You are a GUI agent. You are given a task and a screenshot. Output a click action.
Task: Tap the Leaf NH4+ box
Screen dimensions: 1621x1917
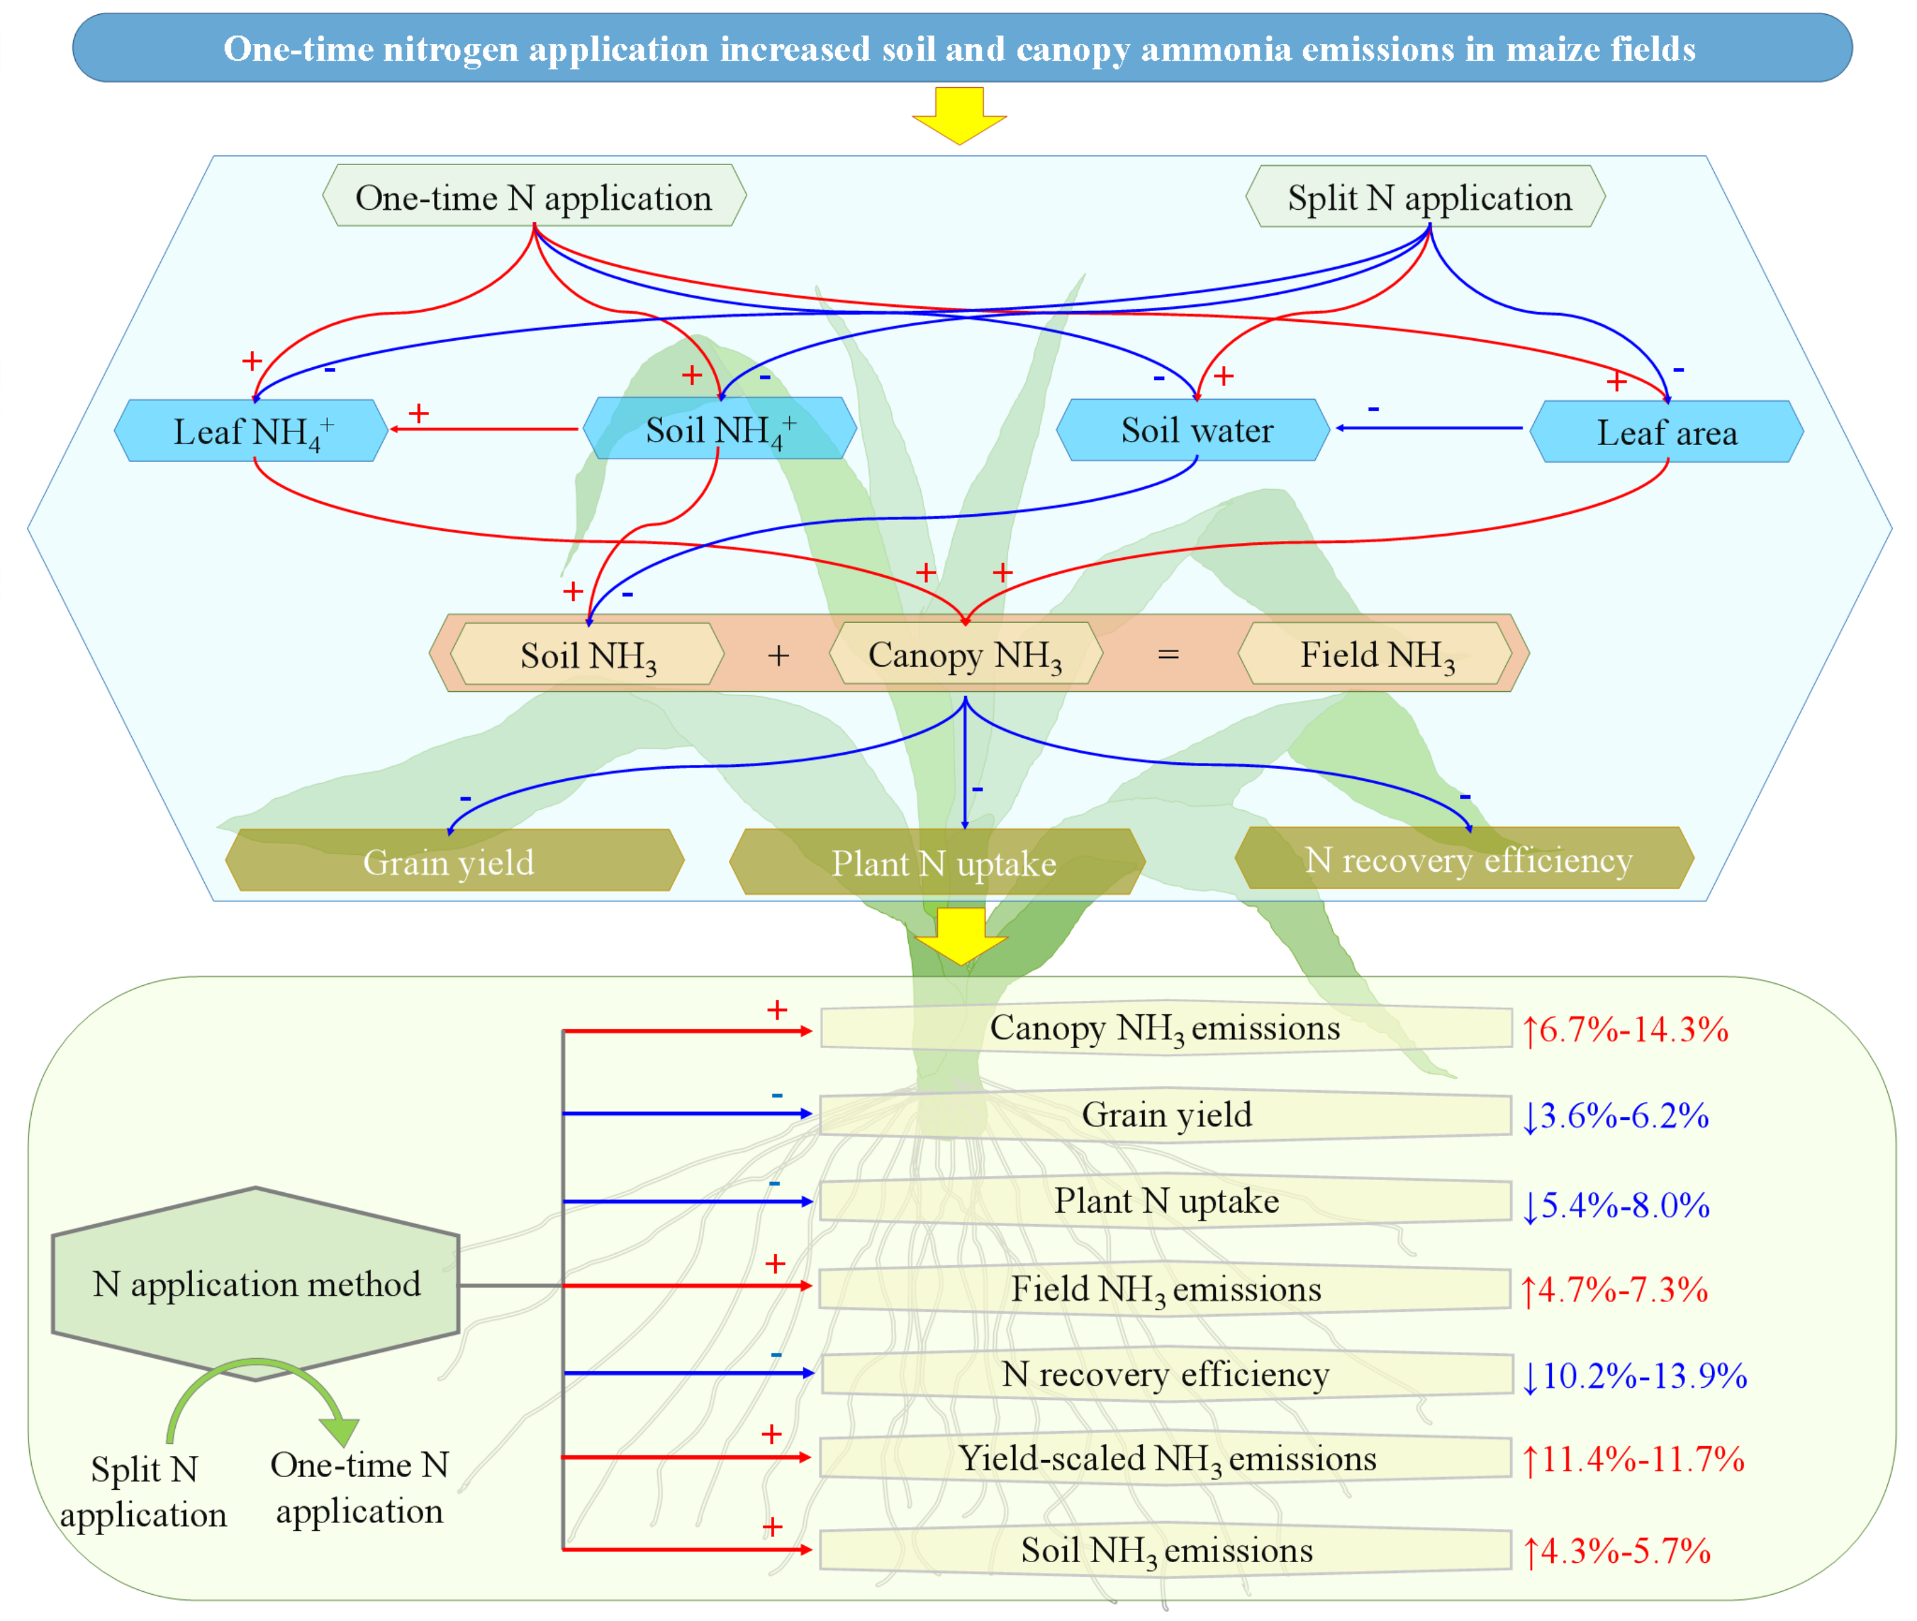251,431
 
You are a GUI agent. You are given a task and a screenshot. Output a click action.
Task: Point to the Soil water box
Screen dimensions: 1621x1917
1195,430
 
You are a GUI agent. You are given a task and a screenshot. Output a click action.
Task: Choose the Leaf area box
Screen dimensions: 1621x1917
1666,432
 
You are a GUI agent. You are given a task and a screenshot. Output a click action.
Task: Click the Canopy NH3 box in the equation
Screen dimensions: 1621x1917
965,654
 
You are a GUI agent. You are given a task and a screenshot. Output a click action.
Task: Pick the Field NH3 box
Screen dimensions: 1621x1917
1376,654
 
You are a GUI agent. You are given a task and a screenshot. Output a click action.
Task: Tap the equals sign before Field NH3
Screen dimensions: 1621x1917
1168,654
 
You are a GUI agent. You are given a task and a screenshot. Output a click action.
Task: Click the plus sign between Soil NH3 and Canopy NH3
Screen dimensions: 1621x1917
778,655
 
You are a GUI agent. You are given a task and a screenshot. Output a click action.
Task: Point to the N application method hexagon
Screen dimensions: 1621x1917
256,1284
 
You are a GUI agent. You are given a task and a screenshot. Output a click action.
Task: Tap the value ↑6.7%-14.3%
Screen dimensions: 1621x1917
1625,1029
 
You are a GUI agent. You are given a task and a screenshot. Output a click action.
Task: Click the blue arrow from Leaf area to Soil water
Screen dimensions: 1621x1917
1429,428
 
